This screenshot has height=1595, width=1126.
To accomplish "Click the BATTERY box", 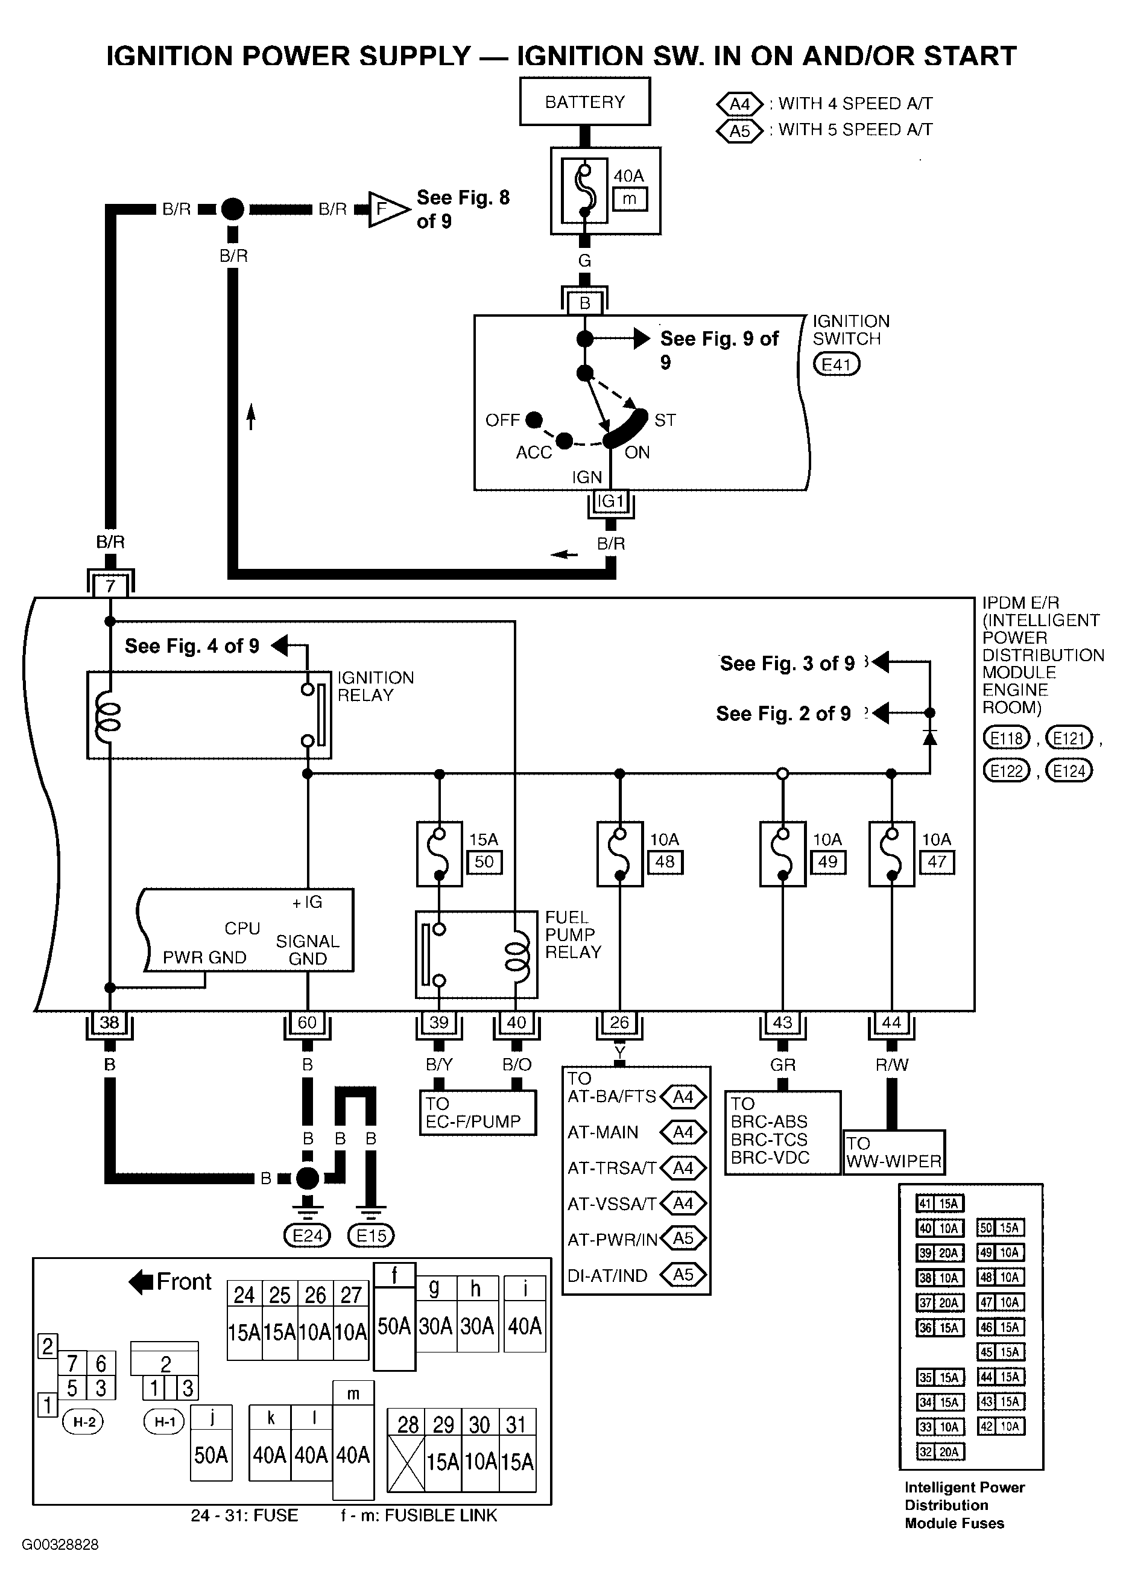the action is [x=585, y=101].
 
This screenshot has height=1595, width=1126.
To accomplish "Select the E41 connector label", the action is [x=837, y=364].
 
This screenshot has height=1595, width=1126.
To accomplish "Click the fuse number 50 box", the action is [x=484, y=862].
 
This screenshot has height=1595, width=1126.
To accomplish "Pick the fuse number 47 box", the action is [x=937, y=862].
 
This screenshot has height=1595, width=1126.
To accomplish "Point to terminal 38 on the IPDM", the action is [x=109, y=1023].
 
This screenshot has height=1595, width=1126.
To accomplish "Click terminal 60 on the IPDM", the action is [x=307, y=1023].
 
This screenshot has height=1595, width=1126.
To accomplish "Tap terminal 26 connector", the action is [x=619, y=1023].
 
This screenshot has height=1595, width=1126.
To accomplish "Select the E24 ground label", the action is [x=308, y=1236].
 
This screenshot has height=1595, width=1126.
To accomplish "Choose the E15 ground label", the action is [x=371, y=1236].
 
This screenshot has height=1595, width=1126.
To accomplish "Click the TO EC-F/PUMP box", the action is [x=478, y=1113].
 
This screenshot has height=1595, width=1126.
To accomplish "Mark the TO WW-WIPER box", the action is [x=894, y=1152].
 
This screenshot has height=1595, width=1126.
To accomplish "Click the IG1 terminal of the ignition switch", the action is [x=612, y=501].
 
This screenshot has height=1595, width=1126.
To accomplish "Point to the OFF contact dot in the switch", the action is [x=534, y=420].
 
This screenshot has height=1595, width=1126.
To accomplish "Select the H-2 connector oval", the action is [x=84, y=1422].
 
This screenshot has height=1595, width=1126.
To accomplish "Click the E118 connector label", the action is [x=1007, y=738].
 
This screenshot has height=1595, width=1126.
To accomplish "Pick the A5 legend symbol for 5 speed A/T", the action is [x=740, y=130].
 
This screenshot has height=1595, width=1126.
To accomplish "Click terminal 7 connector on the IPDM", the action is [x=110, y=585].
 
